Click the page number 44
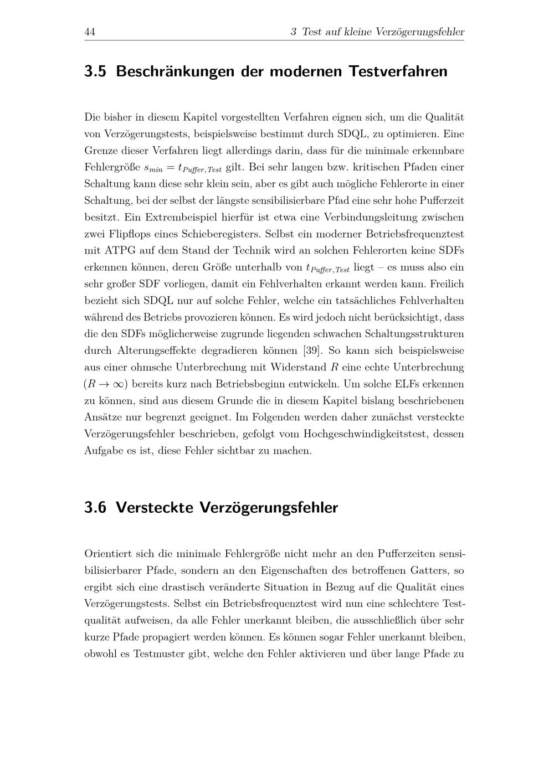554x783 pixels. (90, 32)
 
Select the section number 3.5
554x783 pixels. (95, 71)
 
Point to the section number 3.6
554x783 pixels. (95, 507)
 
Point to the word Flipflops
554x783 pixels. (125, 234)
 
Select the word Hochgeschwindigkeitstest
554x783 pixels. (365, 434)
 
